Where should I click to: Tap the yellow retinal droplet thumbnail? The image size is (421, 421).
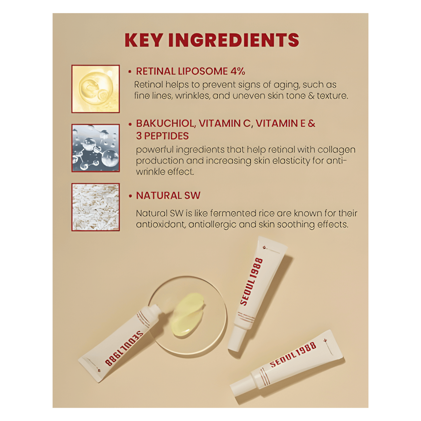pyautogui.click(x=96, y=89)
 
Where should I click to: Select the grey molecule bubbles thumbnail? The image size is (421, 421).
pyautogui.click(x=96, y=148)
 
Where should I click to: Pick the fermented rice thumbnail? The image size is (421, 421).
pyautogui.click(x=96, y=207)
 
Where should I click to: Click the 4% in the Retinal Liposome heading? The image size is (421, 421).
pyautogui.click(x=238, y=71)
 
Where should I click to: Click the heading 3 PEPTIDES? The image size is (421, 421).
pyautogui.click(x=162, y=136)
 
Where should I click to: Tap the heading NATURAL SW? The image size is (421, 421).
pyautogui.click(x=168, y=195)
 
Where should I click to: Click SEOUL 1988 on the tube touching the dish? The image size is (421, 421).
pyautogui.click(x=124, y=348)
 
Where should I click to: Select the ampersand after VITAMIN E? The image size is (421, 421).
pyautogui.click(x=311, y=124)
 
